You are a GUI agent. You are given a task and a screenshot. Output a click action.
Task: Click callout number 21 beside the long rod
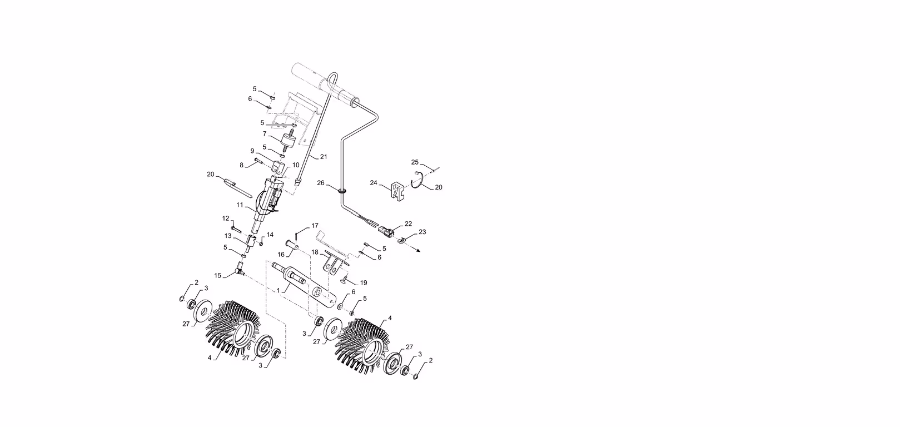tap(324, 157)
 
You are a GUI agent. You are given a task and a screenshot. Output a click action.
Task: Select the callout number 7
tap(265, 133)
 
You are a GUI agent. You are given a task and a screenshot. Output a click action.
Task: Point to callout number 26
tap(321, 183)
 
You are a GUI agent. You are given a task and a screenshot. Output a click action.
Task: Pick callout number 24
tap(374, 183)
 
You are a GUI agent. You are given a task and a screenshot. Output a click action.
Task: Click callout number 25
tap(415, 162)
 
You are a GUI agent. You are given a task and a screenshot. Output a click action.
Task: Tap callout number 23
tap(422, 232)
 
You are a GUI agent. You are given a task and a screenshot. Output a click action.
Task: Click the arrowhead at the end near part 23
tap(418, 251)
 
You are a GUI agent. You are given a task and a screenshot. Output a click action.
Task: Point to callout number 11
tap(240, 205)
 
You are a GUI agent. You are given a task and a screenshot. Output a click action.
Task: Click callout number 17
tap(315, 226)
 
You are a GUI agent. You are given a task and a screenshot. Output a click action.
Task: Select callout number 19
tap(364, 283)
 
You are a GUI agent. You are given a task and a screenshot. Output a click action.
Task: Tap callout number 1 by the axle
tap(279, 290)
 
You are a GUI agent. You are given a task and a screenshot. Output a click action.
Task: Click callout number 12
tap(226, 219)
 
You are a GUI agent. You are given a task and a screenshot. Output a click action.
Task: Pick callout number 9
tap(252, 151)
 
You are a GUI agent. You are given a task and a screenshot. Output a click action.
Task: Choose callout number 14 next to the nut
tap(270, 235)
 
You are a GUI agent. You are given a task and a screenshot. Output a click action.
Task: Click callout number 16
tap(281, 255)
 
